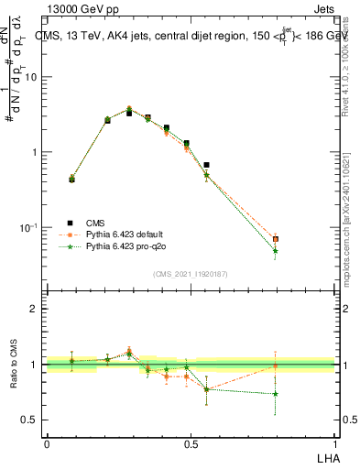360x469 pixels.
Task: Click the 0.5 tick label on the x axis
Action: pyautogui.click(x=191, y=445)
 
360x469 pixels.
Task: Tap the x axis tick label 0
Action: pyautogui.click(x=47, y=445)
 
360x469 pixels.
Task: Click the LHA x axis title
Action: pyautogui.click(x=325, y=457)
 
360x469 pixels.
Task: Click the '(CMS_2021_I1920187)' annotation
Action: pyautogui.click(x=190, y=273)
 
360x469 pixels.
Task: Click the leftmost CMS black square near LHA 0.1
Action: pyautogui.click(x=71, y=180)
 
